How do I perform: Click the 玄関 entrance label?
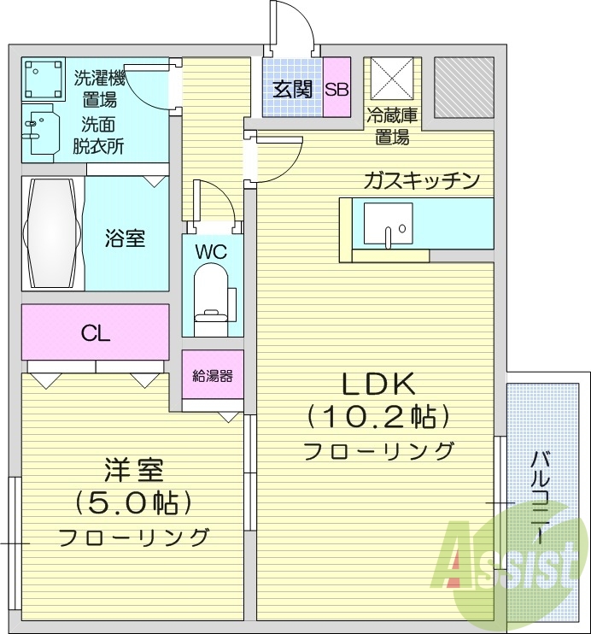(292, 89)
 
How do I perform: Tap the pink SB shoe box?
(336, 89)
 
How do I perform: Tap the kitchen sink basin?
(387, 224)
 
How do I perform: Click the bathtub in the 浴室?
(53, 232)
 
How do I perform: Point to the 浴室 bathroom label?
(126, 238)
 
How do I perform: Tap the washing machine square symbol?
(44, 79)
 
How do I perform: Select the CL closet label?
(95, 332)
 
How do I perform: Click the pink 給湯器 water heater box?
(213, 374)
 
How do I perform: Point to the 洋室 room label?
(133, 469)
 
